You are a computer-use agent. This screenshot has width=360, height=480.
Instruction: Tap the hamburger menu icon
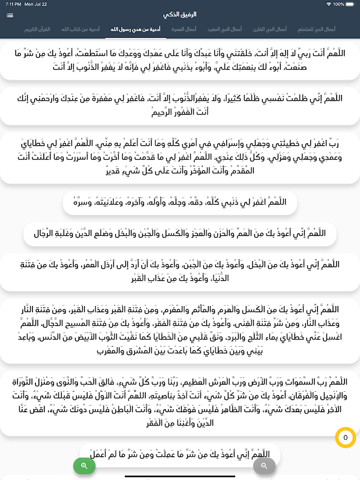click(x=10, y=15)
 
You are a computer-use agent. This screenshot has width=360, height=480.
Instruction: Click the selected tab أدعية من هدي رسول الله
click(x=136, y=29)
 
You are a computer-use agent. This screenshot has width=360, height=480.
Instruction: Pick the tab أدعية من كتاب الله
click(x=80, y=29)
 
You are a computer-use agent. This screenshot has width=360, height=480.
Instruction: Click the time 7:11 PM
click(x=13, y=4)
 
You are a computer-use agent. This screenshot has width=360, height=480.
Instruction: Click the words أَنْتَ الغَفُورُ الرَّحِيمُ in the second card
click(x=180, y=110)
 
